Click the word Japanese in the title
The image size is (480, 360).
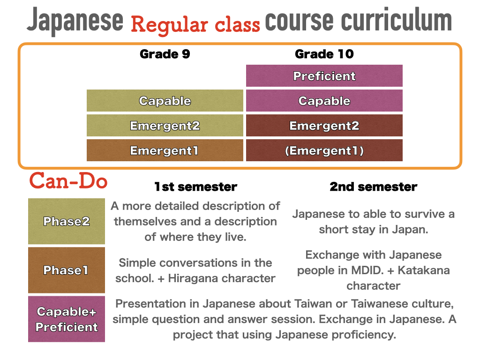coord(75,21)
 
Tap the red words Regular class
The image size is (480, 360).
coord(195,24)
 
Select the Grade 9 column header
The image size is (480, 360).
coord(165,54)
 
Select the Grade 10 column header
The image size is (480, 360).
coord(324,54)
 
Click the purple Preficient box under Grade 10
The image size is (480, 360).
coord(324,75)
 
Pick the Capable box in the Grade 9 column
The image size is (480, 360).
coord(165,100)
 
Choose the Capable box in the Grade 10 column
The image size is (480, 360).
coord(324,100)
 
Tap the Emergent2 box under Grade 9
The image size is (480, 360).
coord(165,125)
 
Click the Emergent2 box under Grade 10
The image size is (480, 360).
coord(324,125)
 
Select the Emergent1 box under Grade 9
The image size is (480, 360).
coord(165,150)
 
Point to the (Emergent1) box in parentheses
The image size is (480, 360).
coord(324,150)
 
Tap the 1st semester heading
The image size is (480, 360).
coord(195,187)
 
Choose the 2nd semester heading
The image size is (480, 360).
coord(374,187)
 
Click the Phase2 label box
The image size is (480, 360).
coord(67,221)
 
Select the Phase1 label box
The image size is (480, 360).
coord(67,270)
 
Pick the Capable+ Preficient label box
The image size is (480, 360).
coord(67,319)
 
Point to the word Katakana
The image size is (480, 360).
coord(424,270)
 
